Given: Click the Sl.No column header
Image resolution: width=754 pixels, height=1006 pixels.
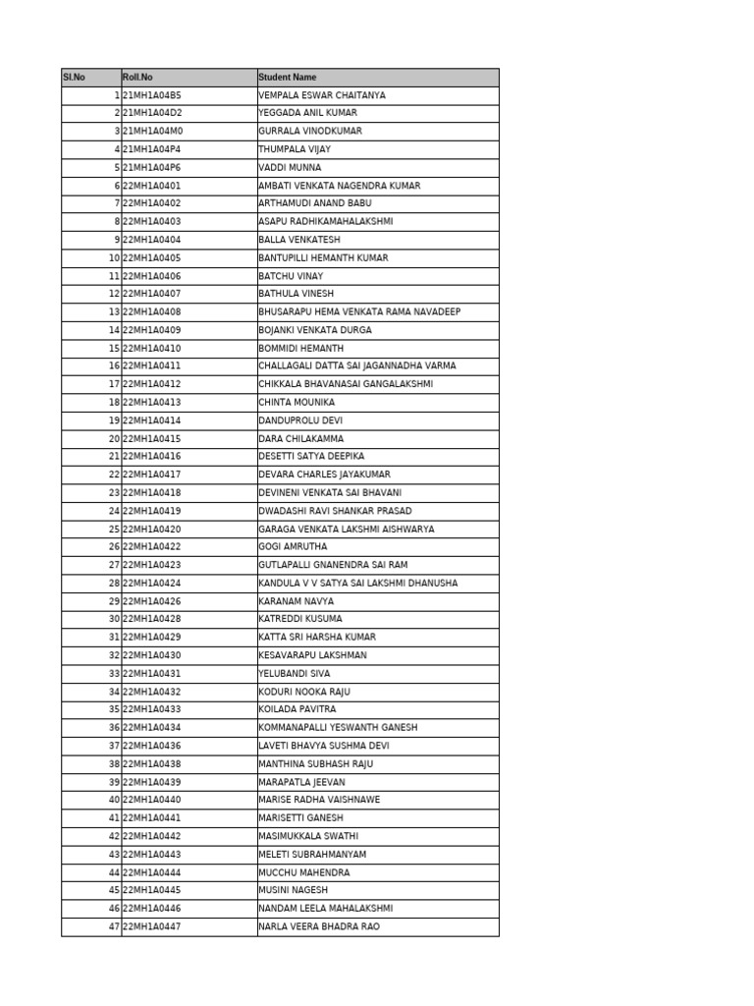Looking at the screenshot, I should click(74, 78).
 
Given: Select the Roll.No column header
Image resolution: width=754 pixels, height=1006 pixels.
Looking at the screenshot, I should click(137, 78).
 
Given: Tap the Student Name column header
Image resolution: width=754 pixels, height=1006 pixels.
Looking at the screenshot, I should click(288, 78).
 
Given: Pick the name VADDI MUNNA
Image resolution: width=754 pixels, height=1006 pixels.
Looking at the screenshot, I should click(290, 168).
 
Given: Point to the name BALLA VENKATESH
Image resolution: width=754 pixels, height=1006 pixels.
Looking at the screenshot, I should click(299, 240).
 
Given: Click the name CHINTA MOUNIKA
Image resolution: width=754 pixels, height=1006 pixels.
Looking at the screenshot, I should click(296, 403).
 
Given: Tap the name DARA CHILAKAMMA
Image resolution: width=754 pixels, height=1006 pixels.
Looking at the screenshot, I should click(301, 439).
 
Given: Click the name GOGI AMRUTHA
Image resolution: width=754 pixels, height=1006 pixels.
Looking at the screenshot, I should click(294, 547).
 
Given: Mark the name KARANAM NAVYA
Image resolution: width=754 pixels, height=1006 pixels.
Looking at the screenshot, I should click(296, 601).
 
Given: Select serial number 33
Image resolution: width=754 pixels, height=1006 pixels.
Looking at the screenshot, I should click(114, 674).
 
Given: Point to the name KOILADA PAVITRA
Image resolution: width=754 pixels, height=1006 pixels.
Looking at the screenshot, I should click(297, 709).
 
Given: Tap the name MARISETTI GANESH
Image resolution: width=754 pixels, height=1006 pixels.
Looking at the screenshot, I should click(301, 818).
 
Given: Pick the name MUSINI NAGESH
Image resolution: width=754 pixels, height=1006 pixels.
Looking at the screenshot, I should click(294, 890).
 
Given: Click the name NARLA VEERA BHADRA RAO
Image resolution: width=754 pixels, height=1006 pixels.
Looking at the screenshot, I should click(319, 926).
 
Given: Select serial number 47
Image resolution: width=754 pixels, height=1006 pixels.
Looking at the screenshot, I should click(114, 926).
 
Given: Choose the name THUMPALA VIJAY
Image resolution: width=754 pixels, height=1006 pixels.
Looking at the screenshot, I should click(295, 149).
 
